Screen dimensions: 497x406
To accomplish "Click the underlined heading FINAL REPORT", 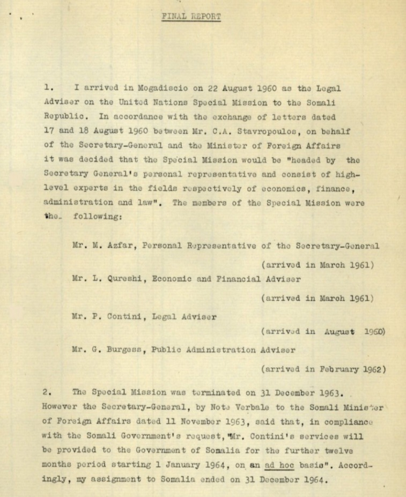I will click(x=191, y=16).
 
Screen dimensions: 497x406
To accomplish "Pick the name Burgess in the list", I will click(x=124, y=350).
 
